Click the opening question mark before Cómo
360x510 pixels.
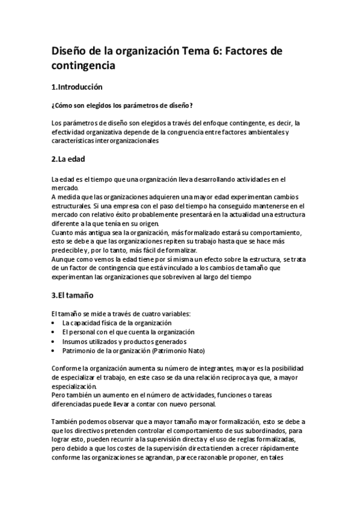coord(53,106)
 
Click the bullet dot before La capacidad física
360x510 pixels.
coord(55,323)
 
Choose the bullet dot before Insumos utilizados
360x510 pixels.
coord(55,341)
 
